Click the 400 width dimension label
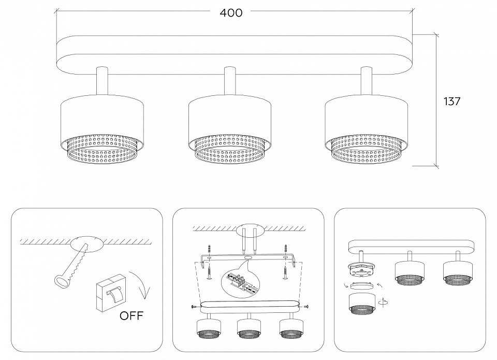point(231,12)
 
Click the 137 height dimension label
point(451,102)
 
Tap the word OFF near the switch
point(131,315)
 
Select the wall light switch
point(111,292)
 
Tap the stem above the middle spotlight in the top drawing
point(229,81)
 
